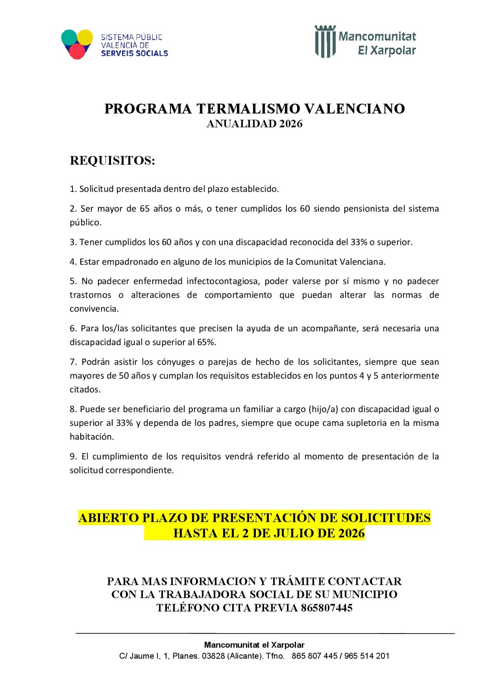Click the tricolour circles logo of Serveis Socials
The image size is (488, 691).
point(77,44)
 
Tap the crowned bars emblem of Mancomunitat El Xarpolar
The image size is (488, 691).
point(325,41)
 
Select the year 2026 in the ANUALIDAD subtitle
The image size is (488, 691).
point(291,124)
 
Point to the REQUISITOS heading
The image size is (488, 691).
point(112,161)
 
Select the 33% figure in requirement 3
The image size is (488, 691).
point(359,242)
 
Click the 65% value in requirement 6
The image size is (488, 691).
point(207,342)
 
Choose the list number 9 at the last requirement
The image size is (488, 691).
point(73,456)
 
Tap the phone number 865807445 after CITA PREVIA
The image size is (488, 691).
point(327,608)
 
